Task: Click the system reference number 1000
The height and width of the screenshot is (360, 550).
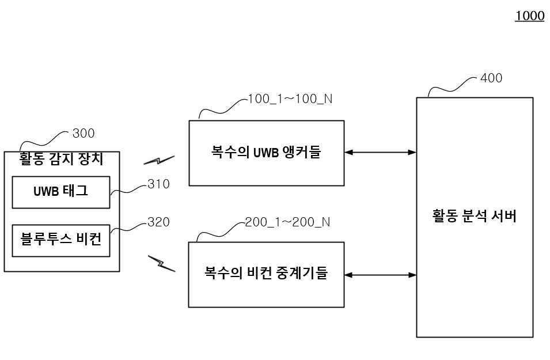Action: (529, 16)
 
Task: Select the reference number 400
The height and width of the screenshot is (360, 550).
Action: (491, 78)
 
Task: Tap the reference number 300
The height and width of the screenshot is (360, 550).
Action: (84, 134)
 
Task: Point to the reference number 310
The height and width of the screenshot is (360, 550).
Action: (158, 184)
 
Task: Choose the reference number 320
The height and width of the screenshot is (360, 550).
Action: (158, 222)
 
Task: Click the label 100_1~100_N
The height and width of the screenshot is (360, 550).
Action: (290, 99)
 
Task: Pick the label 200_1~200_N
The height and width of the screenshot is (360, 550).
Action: (287, 222)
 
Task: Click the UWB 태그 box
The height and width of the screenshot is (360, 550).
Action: (60, 192)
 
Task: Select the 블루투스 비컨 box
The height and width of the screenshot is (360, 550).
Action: (60, 240)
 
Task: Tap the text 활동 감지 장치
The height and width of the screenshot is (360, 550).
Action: (61, 158)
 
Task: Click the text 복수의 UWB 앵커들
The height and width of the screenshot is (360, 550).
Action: (266, 153)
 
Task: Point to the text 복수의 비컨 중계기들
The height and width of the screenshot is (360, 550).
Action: (266, 274)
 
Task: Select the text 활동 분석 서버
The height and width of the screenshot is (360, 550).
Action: (474, 217)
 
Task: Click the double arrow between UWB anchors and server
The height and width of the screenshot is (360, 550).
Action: (380, 153)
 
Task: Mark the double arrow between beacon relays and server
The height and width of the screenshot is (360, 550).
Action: (380, 275)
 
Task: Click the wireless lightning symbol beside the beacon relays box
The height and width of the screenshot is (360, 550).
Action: (161, 263)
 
